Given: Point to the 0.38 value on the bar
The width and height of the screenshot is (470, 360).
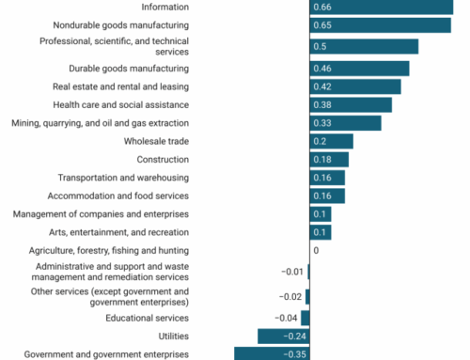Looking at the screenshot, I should (x=321, y=104).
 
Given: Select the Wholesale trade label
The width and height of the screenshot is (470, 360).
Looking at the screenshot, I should (x=156, y=141).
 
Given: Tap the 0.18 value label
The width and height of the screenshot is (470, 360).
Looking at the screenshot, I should (x=321, y=160).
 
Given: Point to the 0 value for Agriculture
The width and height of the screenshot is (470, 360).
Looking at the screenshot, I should (x=316, y=251).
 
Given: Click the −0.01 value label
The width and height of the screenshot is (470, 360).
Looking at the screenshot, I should (x=292, y=272).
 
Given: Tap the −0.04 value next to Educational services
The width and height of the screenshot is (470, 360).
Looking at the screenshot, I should (x=285, y=318).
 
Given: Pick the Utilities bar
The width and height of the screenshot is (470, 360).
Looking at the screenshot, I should (x=283, y=336).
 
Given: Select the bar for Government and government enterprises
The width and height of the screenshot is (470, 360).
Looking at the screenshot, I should (x=272, y=353).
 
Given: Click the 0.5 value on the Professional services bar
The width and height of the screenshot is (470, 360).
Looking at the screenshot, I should (x=321, y=47).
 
